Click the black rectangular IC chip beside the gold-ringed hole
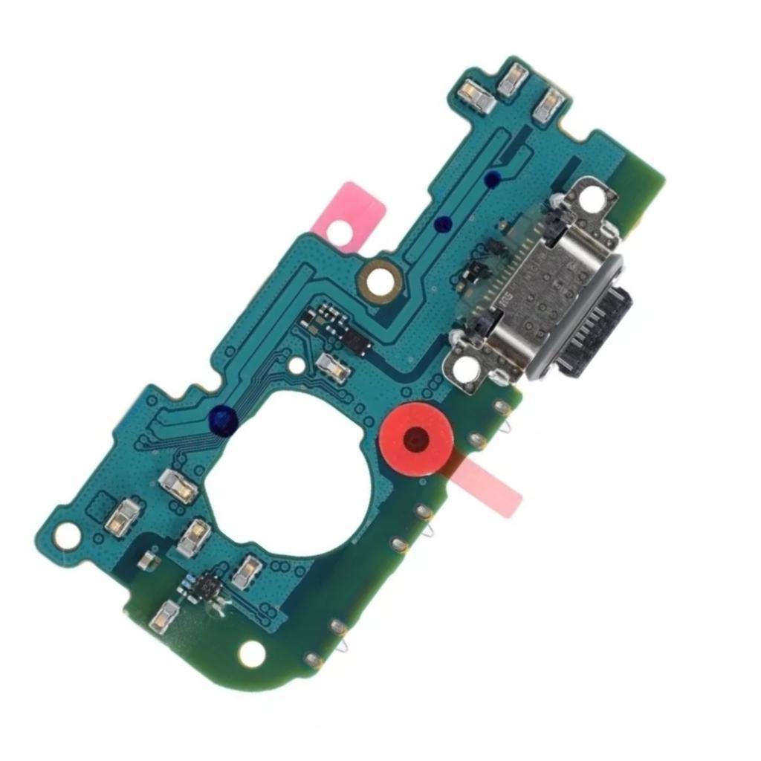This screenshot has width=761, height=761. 356,343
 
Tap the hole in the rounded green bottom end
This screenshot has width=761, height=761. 252,653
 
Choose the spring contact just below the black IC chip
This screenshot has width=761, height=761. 333,367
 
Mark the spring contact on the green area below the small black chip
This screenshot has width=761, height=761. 164,616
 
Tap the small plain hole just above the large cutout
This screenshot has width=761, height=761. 297,366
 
